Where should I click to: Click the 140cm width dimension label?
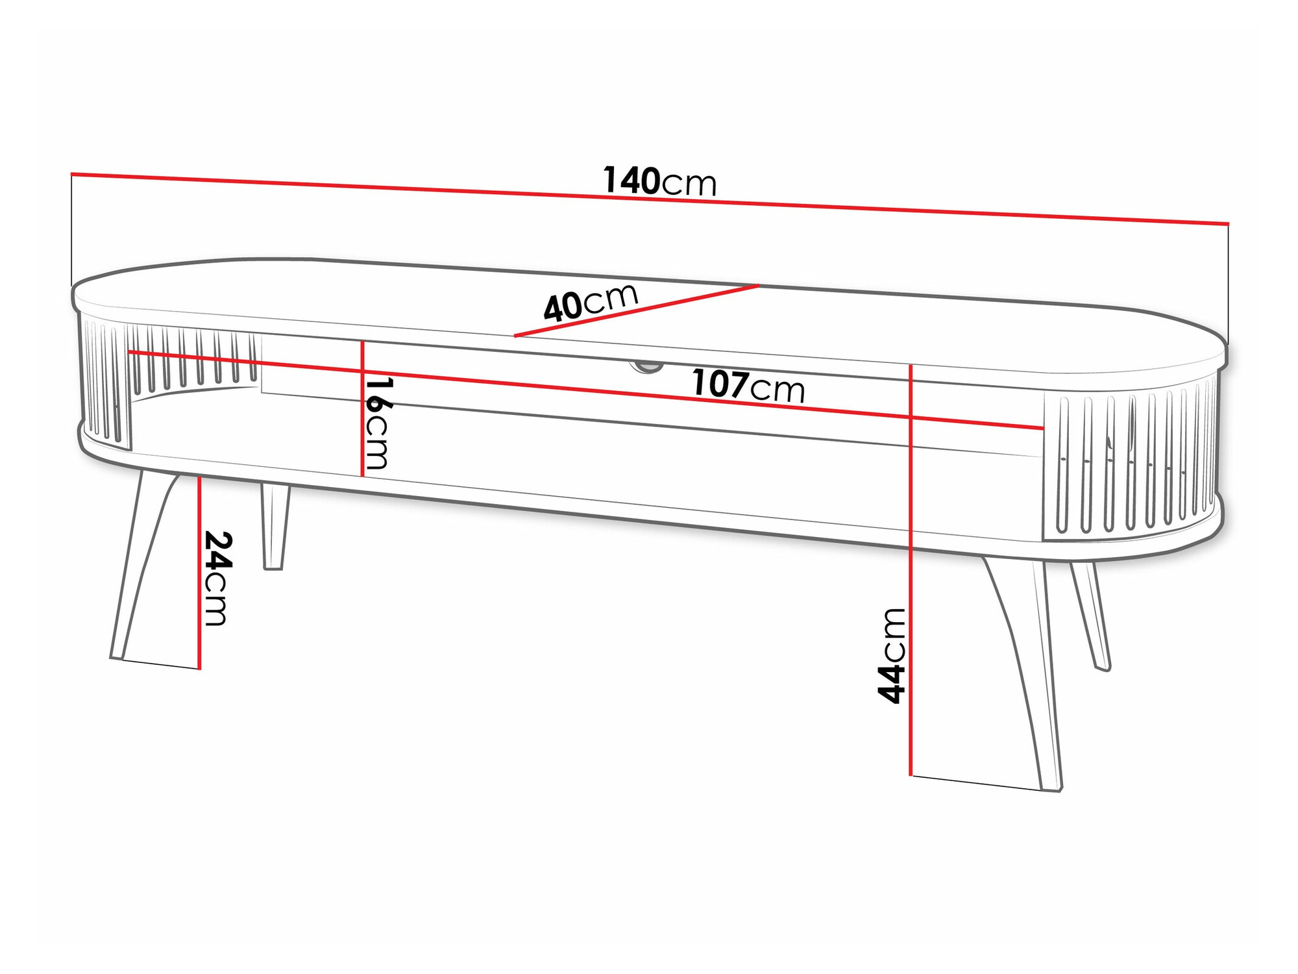(659, 181)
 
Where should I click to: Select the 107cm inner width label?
(748, 386)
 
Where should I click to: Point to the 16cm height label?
(378, 423)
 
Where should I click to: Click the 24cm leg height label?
(217, 578)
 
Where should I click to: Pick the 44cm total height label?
(892, 656)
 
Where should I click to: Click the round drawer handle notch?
(646, 368)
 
